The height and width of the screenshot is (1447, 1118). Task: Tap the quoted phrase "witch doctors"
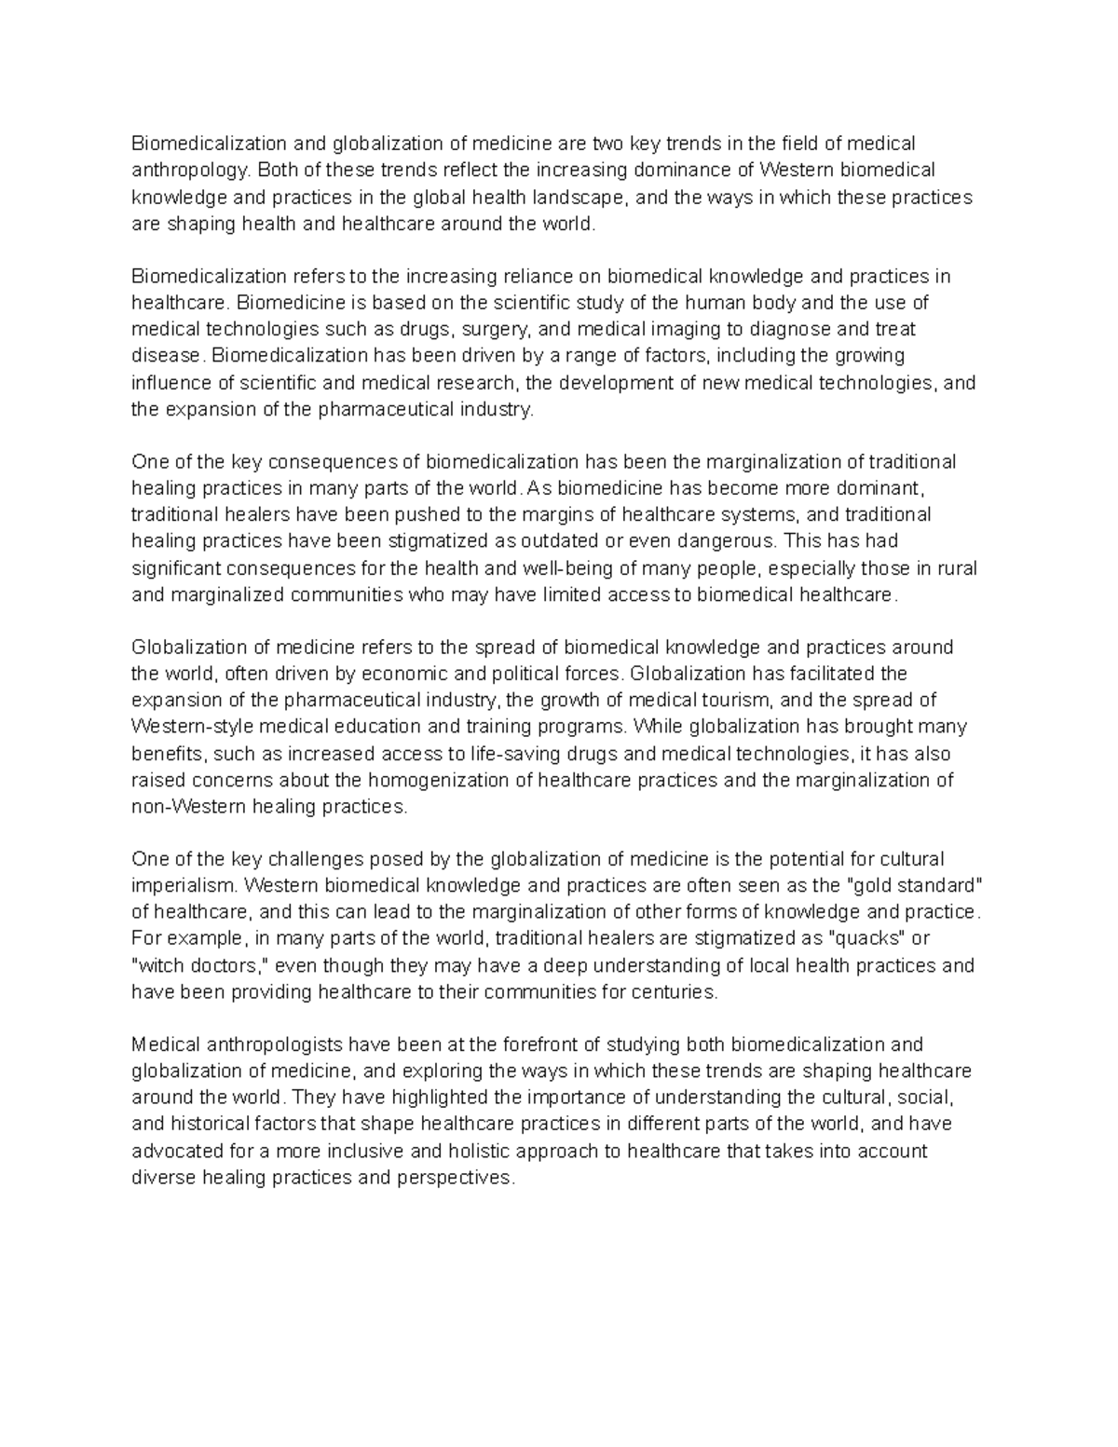[199, 964]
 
